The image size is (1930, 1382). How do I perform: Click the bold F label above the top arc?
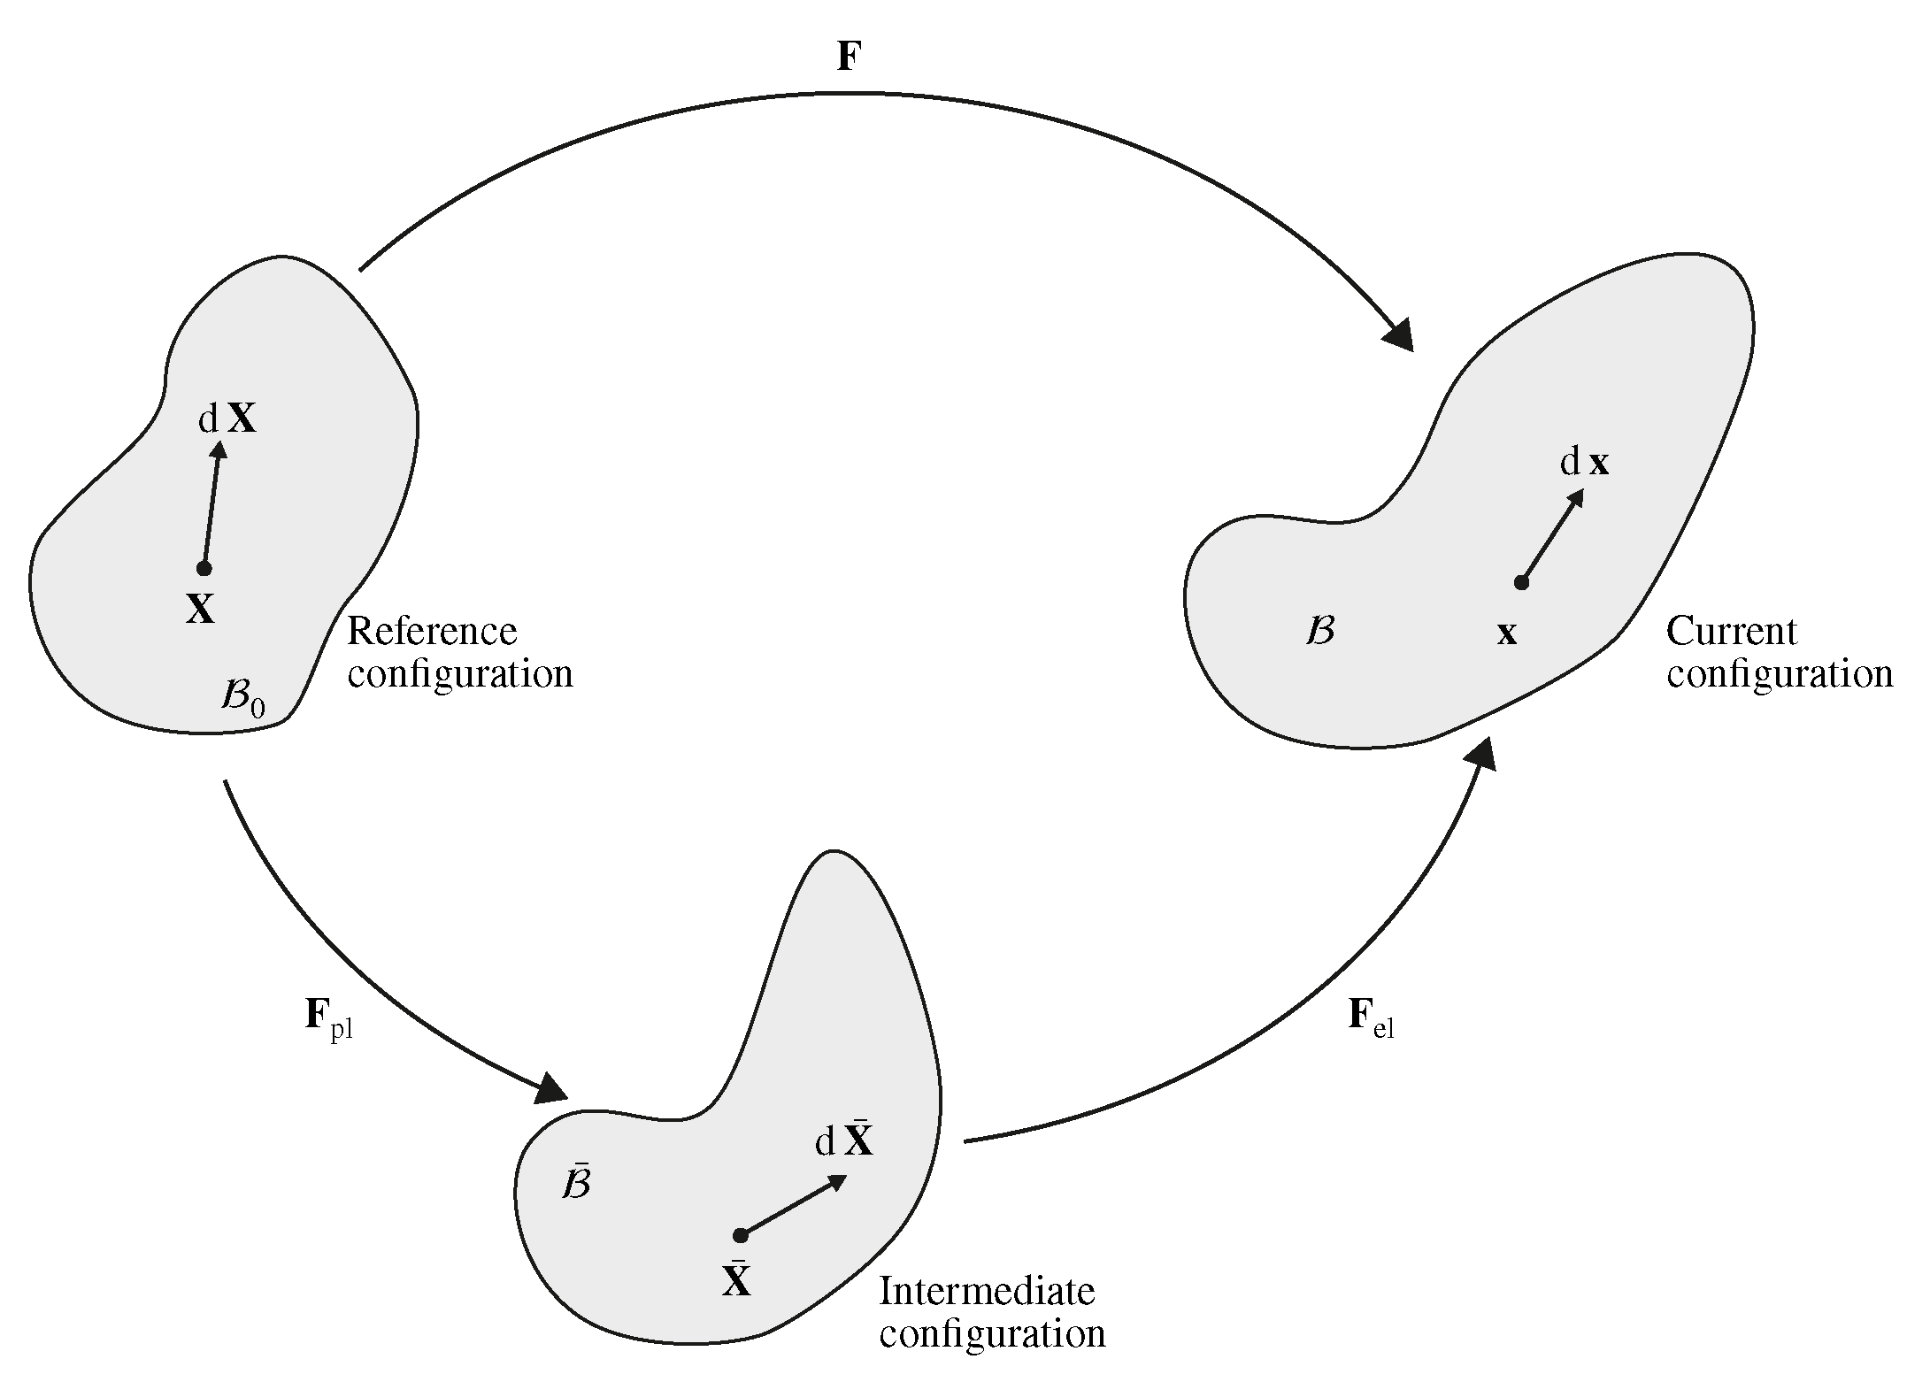849,57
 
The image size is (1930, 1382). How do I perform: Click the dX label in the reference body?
227,419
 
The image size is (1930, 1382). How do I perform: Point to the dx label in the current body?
1584,462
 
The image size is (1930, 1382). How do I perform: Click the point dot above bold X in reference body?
204,568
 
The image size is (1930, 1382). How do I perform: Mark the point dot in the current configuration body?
1521,582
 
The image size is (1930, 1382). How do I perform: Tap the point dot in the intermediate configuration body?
741,1235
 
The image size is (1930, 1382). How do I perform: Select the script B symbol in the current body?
1320,631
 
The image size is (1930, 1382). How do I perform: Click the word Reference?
432,632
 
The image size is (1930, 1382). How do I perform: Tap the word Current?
1732,632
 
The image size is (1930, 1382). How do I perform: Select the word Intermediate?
987,1292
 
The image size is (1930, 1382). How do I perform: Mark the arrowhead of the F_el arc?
1480,755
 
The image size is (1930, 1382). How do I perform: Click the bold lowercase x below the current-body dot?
1506,633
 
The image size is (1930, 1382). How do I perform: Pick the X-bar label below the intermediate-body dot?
736,1279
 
